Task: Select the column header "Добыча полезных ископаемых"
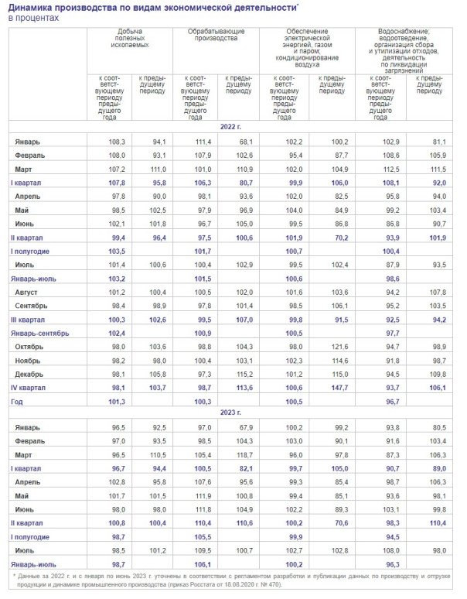tap(128, 37)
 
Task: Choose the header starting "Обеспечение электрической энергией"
tap(307, 45)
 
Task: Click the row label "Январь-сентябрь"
tap(40, 333)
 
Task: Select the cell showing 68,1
tap(246, 142)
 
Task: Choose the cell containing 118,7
tap(246, 454)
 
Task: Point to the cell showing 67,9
tap(246, 427)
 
